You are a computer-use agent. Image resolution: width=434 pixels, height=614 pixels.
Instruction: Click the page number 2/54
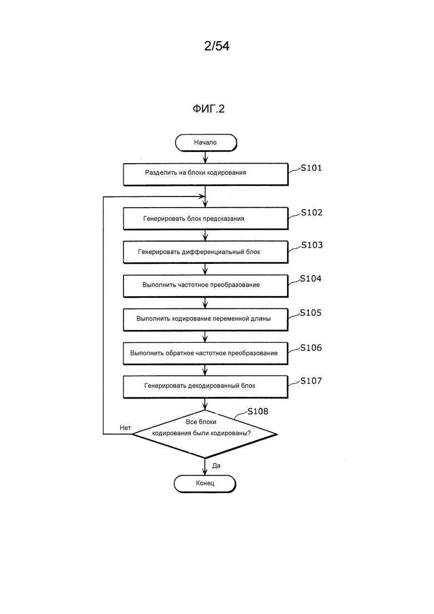tap(216, 47)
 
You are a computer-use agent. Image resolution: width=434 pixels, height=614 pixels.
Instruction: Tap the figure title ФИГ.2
tap(209, 109)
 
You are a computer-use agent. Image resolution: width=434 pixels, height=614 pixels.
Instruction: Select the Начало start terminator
tap(206, 143)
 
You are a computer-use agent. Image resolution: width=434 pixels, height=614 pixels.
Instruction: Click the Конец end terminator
tap(205, 483)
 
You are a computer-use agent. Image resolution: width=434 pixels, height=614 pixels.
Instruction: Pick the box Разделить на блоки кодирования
tap(205, 173)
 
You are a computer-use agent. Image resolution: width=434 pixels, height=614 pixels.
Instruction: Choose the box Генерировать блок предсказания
tap(205, 218)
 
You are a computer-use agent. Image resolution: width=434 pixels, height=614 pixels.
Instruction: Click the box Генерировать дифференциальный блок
tap(205, 252)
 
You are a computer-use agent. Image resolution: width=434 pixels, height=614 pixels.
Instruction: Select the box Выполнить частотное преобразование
tap(205, 285)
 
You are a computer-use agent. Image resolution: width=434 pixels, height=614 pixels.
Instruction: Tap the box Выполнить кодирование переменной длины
tap(205, 319)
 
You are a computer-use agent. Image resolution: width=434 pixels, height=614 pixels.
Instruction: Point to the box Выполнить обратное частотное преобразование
tap(205, 353)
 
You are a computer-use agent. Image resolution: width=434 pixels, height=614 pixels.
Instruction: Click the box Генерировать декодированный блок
tap(205, 385)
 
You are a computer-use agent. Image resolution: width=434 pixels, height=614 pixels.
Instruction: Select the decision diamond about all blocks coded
tap(205, 433)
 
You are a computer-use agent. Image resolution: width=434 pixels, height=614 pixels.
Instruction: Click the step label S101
tap(312, 168)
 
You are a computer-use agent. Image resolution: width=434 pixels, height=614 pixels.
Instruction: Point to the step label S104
tap(311, 279)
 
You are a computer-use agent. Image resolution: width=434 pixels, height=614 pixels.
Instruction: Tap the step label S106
tap(311, 348)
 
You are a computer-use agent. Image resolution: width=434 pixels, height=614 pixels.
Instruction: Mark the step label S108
tap(258, 412)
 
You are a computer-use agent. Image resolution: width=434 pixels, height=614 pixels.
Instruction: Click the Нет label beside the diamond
tap(125, 428)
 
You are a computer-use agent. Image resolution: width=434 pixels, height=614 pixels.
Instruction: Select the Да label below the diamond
tap(216, 465)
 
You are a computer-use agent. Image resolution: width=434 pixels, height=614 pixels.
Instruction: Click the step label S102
tap(312, 213)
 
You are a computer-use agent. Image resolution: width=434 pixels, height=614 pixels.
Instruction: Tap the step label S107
tap(311, 381)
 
